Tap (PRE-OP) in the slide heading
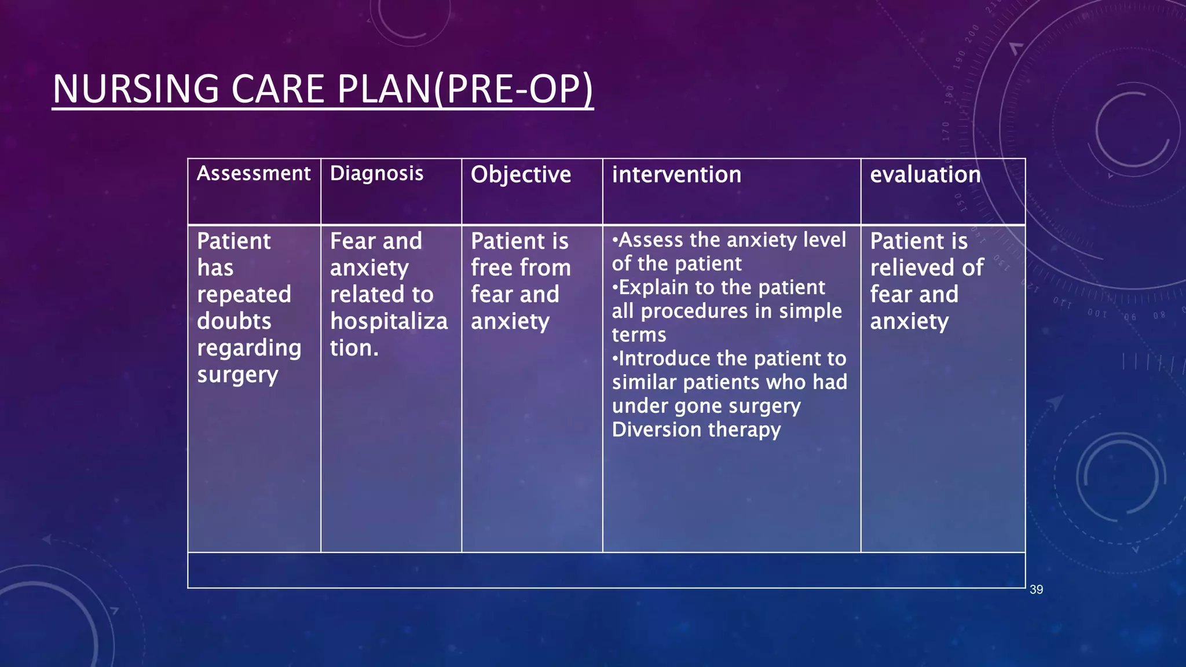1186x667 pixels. pyautogui.click(x=513, y=90)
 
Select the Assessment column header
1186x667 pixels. pyautogui.click(x=254, y=174)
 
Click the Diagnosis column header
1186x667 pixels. pyautogui.click(x=376, y=174)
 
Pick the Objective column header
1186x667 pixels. pyautogui.click(x=521, y=175)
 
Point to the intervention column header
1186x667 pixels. pyautogui.click(x=676, y=175)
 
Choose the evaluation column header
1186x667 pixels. pyautogui.click(x=925, y=175)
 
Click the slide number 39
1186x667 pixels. pyautogui.click(x=1036, y=589)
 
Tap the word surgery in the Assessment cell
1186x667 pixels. pyautogui.click(x=237, y=375)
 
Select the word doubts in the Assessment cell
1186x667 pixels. pyautogui.click(x=234, y=321)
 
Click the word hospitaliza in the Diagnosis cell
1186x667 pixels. pyautogui.click(x=389, y=321)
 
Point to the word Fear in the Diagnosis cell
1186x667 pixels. pyautogui.click(x=353, y=241)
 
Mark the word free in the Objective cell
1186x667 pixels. pyautogui.click(x=491, y=268)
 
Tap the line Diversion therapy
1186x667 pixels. pyautogui.click(x=696, y=430)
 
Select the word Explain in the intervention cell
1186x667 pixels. pyautogui.click(x=654, y=287)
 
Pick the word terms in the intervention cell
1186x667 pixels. pyautogui.click(x=639, y=335)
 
